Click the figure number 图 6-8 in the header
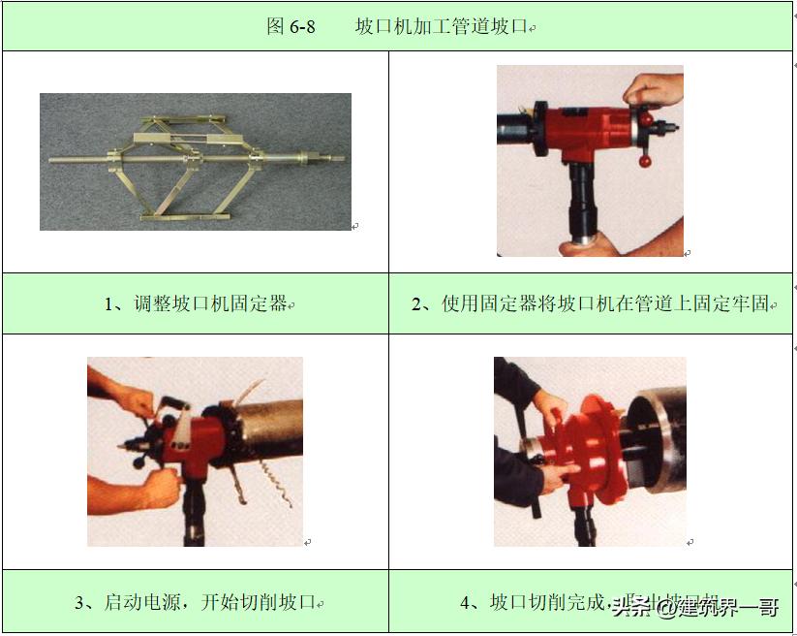coord(291,26)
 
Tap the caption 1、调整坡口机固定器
coord(197,303)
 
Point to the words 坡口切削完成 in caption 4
coord(547,602)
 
